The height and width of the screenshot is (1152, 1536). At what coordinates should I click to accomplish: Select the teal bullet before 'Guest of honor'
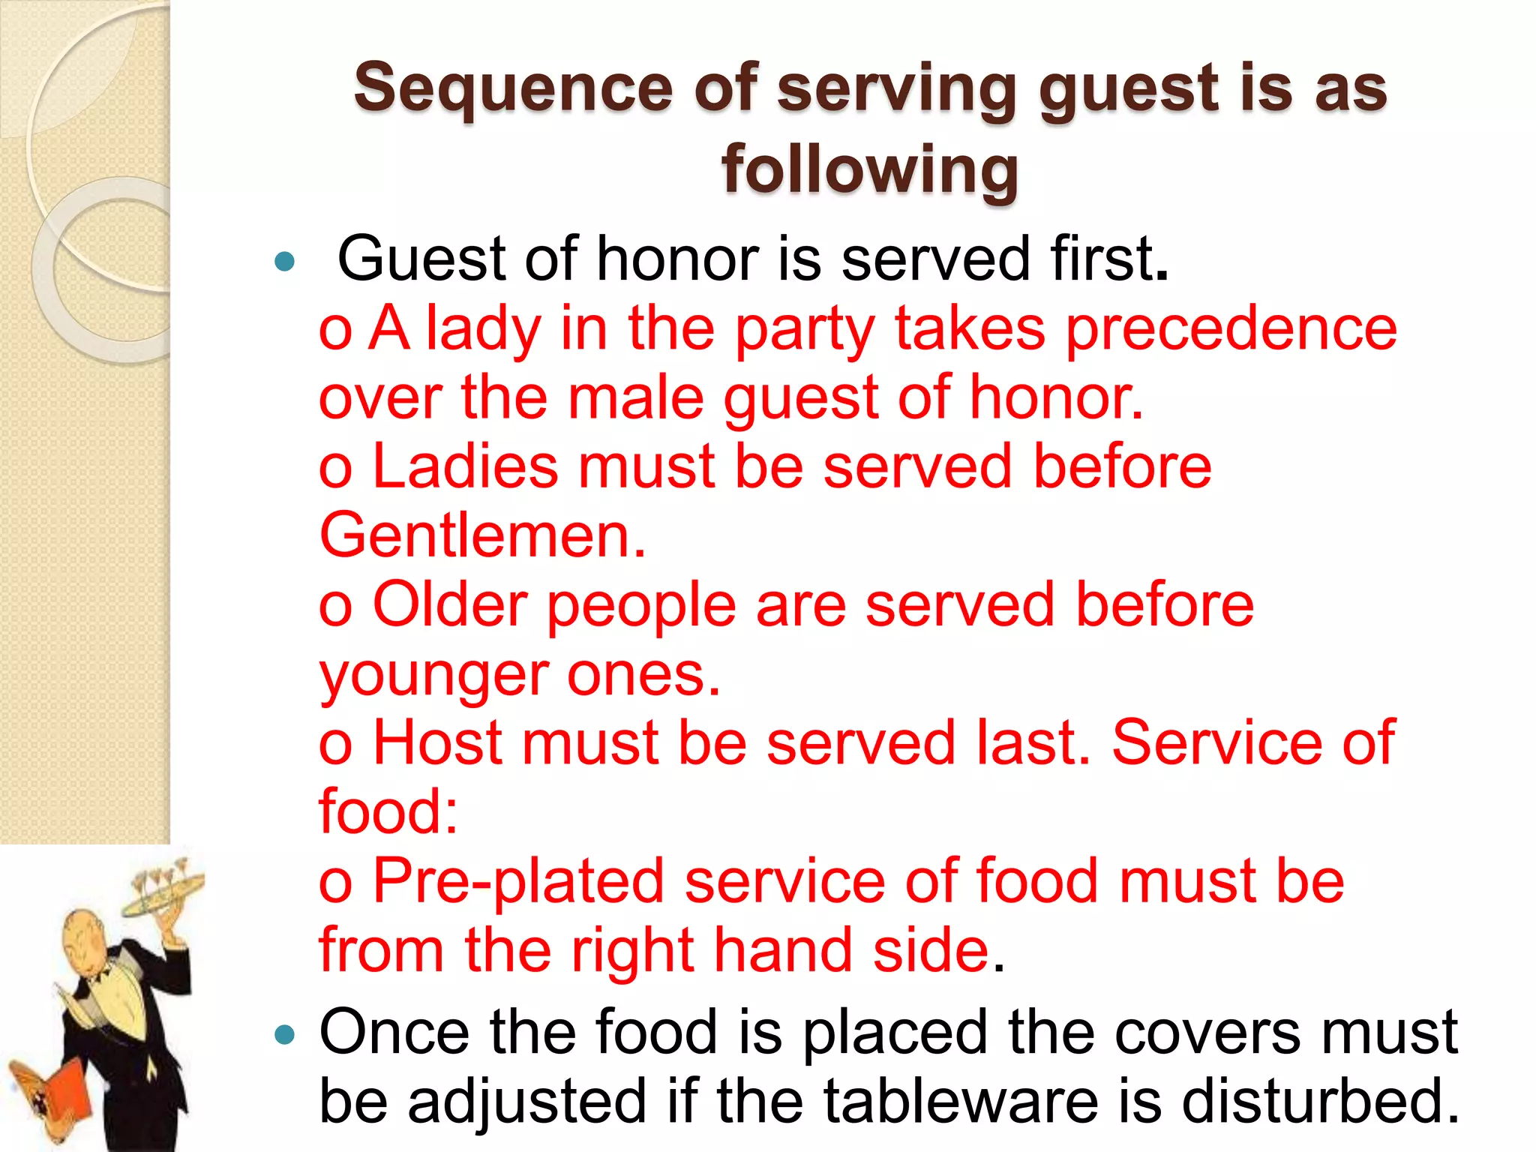point(285,262)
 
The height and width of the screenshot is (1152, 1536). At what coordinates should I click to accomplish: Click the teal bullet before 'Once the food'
point(285,1036)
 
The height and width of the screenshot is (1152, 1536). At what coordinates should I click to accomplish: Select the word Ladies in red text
point(465,466)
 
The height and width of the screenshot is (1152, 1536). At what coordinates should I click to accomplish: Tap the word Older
point(450,604)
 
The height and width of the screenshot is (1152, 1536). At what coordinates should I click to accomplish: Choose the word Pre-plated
point(518,880)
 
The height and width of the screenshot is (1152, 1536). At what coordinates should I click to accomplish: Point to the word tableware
point(960,1101)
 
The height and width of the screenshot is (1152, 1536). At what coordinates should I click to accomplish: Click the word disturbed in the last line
point(1320,1101)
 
